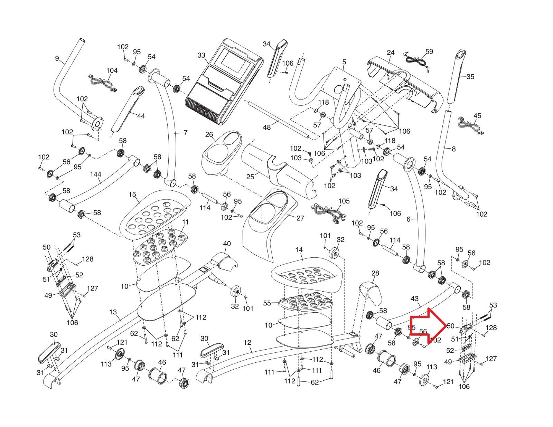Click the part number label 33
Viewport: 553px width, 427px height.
pos(201,55)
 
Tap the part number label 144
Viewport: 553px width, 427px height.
pos(95,174)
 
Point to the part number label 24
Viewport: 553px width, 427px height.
pos(391,53)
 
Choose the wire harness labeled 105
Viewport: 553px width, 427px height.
pos(330,212)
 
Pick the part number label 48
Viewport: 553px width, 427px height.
pos(267,127)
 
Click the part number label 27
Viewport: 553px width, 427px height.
pos(300,218)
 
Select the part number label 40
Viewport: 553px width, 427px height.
pos(227,244)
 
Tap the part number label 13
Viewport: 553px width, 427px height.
pos(113,312)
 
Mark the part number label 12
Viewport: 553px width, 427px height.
pos(247,342)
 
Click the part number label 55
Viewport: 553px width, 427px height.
pos(267,303)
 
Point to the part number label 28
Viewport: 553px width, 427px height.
pos(375,273)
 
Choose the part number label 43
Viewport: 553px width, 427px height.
pos(415,298)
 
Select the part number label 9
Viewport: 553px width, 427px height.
pos(57,58)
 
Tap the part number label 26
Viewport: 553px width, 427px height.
pos(209,134)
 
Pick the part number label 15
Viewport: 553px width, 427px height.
pos(132,195)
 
